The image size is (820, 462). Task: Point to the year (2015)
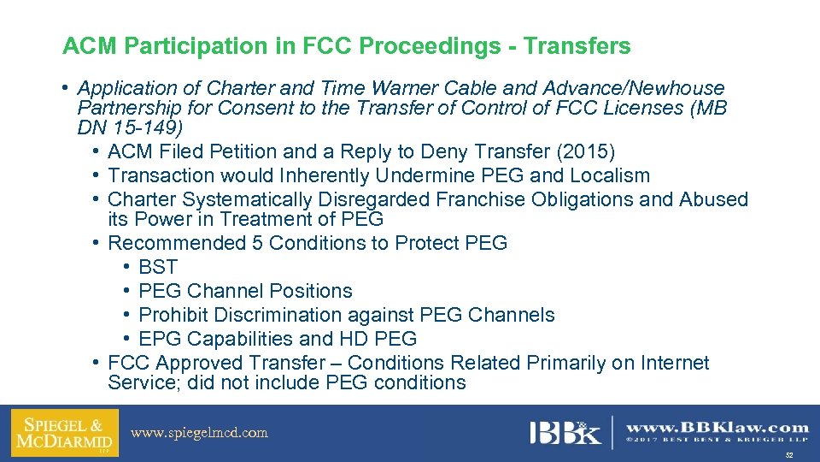click(586, 152)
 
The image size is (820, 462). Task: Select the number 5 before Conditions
click(257, 243)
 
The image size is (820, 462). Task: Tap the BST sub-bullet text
click(158, 267)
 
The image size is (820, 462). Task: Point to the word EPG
click(160, 339)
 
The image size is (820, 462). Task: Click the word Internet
click(672, 363)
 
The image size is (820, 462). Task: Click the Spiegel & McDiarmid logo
click(59, 433)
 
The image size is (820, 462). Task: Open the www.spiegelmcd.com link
click(199, 433)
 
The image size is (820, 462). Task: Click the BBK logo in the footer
click(565, 432)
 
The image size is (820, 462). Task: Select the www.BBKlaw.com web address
click(717, 427)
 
